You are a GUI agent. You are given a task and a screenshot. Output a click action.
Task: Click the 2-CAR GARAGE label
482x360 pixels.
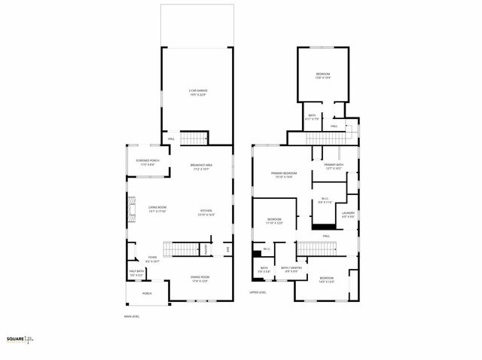(x=198, y=93)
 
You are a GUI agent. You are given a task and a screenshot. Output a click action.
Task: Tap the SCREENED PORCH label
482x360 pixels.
(x=148, y=163)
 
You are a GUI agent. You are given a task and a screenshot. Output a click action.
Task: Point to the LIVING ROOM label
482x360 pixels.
(x=157, y=210)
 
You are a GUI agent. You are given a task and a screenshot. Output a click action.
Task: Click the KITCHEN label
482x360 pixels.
(x=206, y=213)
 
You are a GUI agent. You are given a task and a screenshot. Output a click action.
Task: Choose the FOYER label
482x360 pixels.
(x=152, y=259)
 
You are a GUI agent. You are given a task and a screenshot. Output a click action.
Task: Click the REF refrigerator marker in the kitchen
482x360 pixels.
(x=227, y=249)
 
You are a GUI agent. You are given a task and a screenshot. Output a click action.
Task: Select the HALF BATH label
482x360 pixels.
(x=137, y=275)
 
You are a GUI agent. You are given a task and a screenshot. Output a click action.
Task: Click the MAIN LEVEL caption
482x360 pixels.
(x=133, y=316)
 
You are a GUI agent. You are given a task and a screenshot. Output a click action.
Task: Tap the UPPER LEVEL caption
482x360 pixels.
(x=258, y=292)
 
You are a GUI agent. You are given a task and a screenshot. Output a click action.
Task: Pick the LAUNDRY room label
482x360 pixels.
(x=348, y=215)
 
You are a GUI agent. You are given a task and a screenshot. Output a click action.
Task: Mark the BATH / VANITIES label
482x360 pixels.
(x=291, y=269)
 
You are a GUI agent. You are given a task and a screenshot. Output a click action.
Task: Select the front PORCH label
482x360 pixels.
(x=147, y=294)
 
